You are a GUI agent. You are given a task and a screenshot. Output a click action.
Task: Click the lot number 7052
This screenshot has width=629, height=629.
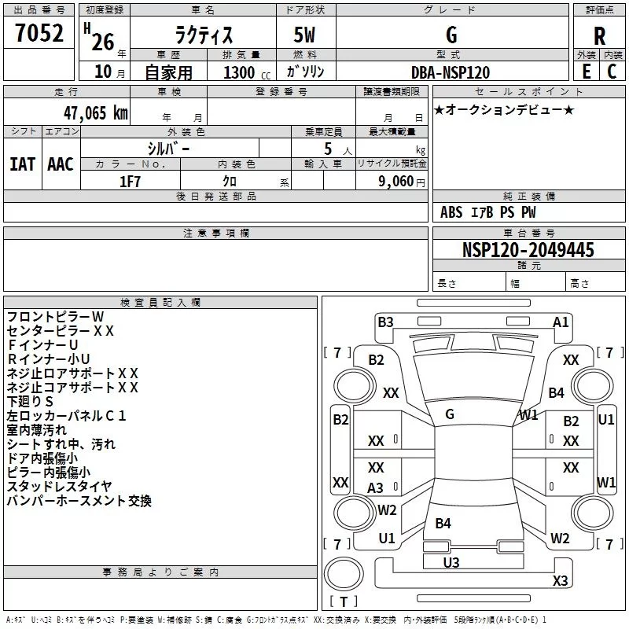39,33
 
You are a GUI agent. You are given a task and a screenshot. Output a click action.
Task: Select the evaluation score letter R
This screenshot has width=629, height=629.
599,36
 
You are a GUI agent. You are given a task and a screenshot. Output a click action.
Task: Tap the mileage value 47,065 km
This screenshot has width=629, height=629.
95,113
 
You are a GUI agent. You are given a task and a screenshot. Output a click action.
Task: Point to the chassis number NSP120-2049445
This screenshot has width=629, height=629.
528,249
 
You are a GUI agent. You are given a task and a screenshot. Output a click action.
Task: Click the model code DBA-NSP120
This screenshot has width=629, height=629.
451,72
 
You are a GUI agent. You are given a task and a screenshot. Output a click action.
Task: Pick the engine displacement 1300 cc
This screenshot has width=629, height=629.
247,72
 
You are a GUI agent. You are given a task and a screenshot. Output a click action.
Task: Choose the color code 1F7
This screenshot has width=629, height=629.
130,182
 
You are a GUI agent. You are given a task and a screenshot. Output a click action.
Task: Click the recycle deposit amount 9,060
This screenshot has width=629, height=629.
396,182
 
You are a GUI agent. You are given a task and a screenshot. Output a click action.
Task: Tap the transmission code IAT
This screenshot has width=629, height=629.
23,164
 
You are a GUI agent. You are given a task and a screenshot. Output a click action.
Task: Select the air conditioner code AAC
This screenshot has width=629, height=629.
61,164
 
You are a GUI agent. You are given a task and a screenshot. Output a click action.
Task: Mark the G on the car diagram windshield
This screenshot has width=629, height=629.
450,414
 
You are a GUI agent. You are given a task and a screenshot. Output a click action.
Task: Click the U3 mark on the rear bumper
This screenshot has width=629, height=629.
451,562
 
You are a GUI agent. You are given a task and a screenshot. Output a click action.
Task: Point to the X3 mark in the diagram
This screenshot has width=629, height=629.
560,580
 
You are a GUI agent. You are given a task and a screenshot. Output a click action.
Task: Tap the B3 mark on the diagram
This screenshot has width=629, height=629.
385,322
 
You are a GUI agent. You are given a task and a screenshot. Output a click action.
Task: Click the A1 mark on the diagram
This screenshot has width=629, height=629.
561,322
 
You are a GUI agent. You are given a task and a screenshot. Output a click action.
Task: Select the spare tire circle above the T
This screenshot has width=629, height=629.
344,574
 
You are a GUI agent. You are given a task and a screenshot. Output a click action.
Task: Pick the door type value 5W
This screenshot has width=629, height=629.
304,35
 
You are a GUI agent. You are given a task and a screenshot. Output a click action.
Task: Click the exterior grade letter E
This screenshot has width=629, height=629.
586,72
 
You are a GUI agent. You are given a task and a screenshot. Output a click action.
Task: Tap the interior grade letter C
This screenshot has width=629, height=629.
612,72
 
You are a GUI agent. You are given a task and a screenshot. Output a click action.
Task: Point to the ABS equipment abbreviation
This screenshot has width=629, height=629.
451,212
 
